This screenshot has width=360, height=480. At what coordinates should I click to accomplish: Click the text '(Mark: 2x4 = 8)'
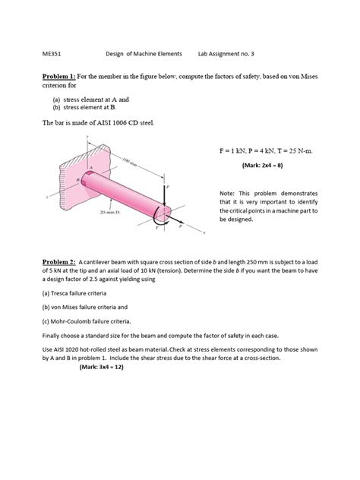261,165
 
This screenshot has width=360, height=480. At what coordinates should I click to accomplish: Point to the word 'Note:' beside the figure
229,193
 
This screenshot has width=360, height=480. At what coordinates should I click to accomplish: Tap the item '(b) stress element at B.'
90,108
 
